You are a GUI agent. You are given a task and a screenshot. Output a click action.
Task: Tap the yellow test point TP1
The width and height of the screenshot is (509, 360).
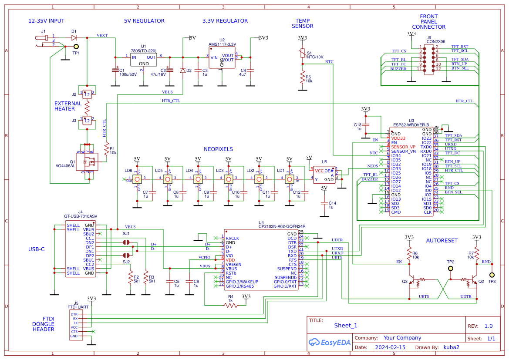[76, 46]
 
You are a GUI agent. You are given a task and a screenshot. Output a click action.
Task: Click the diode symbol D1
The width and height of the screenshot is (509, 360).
[74, 38]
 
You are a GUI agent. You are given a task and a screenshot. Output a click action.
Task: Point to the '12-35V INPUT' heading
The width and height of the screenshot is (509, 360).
[46, 21]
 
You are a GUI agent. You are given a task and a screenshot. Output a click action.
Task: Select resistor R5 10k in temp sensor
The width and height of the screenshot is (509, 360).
[302, 78]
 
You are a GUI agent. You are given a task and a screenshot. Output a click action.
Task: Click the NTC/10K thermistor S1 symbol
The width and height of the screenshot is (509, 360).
[302, 53]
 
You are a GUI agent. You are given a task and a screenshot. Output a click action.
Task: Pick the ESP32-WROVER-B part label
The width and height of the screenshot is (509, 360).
[411, 124]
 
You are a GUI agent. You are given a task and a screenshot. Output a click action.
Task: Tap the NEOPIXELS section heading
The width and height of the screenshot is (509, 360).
[218, 149]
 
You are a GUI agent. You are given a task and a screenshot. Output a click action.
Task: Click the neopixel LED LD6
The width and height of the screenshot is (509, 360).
[137, 178]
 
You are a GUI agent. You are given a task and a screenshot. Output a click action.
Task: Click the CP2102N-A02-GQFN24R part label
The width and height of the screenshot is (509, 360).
[282, 226]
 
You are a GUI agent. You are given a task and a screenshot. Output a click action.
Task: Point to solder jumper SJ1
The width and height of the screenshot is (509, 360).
[126, 242]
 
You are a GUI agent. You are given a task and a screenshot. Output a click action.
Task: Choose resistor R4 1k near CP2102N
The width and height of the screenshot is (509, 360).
[231, 305]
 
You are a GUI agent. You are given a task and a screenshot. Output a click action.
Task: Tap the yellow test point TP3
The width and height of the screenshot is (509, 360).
[492, 275]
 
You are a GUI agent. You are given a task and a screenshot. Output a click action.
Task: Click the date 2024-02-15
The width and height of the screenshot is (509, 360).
[390, 347]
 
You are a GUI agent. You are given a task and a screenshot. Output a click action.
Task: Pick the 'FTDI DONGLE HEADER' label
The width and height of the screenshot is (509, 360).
[44, 324]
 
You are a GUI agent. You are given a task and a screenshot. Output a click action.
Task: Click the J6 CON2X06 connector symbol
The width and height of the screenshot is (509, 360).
[429, 58]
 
